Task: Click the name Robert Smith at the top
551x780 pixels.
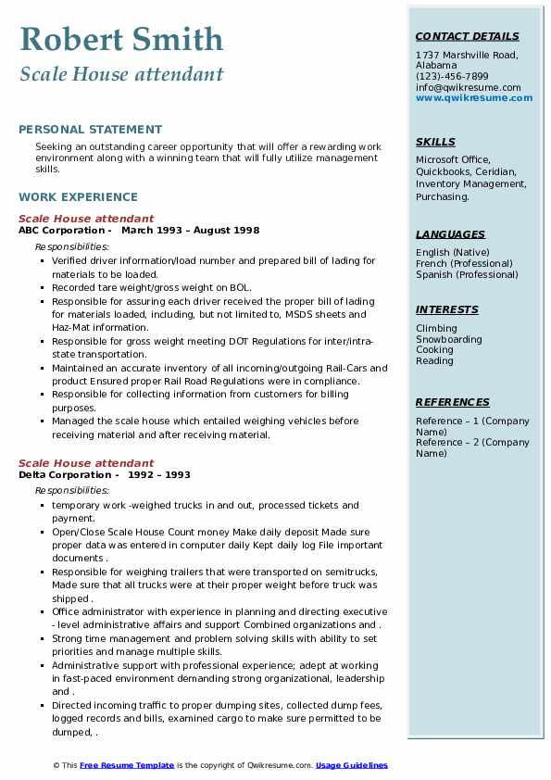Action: coord(121,40)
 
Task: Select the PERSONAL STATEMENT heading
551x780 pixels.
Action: coord(90,130)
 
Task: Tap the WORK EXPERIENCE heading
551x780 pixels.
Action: coord(78,197)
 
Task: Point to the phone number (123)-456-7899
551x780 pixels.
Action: coord(452,77)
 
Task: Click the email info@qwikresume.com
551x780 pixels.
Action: coord(468,88)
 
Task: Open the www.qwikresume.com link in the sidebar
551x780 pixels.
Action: coord(474,98)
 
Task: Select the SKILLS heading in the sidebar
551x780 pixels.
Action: coord(435,143)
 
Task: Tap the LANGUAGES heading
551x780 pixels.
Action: coord(450,235)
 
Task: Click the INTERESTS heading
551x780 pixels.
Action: coord(447,310)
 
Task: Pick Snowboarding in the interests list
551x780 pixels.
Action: coord(449,339)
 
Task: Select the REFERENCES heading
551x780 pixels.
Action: coord(453,403)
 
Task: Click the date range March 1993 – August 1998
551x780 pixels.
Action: coord(191,231)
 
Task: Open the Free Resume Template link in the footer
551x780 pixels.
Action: coord(127,765)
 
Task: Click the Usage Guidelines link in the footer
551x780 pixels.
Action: coord(352,765)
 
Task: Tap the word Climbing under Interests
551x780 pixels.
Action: coord(436,328)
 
